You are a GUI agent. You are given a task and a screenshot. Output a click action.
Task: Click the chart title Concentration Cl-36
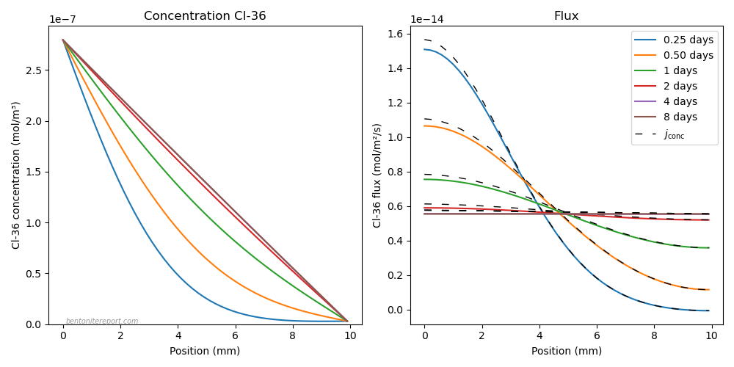(x=205, y=16)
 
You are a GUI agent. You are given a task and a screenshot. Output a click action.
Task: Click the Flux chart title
(x=566, y=16)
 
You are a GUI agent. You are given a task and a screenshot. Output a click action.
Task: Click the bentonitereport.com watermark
(x=102, y=321)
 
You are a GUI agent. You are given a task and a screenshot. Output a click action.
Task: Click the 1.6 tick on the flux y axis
(x=397, y=34)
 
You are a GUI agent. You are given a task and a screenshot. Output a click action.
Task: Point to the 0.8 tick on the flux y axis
(x=397, y=172)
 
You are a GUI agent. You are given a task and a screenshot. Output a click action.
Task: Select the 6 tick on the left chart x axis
(x=236, y=335)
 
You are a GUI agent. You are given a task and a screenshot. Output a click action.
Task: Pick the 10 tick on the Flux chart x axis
(x=711, y=335)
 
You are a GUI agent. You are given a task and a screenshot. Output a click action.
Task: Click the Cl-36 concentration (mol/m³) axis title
(x=15, y=175)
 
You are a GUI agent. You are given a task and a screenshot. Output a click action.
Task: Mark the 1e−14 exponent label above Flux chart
(x=427, y=20)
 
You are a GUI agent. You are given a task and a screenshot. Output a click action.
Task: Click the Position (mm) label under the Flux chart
(x=567, y=351)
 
